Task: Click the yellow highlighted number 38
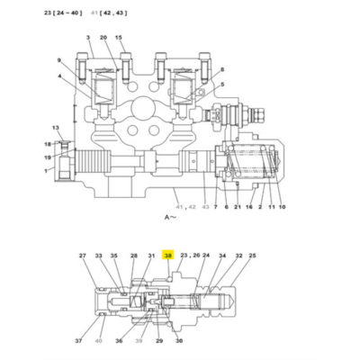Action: coord(167,256)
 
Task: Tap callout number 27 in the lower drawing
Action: coord(83,256)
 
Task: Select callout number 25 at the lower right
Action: coord(252,256)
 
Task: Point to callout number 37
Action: coord(79,341)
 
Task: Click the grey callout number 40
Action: coord(98,341)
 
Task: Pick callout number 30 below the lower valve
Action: coord(179,341)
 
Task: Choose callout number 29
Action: coord(158,341)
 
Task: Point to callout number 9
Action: coord(59,60)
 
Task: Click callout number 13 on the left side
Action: coord(54,128)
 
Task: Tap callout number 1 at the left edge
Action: coord(46,171)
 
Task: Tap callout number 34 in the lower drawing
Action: coord(222,256)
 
